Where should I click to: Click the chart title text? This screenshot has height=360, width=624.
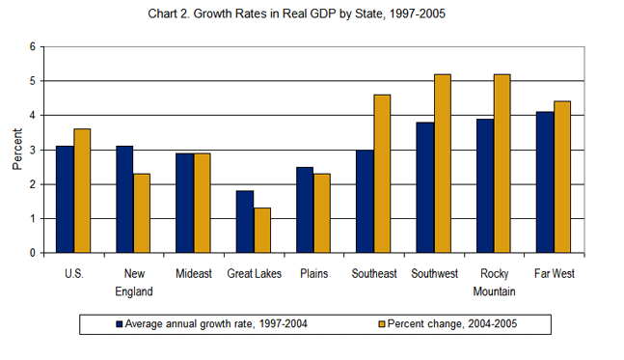click(x=311, y=14)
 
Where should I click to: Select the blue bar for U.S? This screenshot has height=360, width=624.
click(x=65, y=199)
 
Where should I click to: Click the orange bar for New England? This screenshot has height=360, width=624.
click(x=142, y=213)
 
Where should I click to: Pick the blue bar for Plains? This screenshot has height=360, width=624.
click(x=304, y=209)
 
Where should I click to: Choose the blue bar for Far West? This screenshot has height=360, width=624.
click(x=544, y=182)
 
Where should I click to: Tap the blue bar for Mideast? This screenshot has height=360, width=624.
click(x=184, y=203)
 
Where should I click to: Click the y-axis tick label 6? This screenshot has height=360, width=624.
click(x=32, y=46)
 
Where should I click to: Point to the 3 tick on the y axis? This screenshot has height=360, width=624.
click(x=32, y=150)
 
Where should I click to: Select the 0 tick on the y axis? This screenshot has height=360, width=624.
click(x=32, y=253)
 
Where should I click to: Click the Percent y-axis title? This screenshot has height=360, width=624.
click(x=16, y=150)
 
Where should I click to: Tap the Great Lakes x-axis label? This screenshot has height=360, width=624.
click(x=254, y=273)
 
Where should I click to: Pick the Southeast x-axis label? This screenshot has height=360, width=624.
click(x=373, y=273)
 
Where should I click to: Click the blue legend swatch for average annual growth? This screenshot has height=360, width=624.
click(x=119, y=323)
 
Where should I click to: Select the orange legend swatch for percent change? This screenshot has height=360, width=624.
click(x=381, y=323)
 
